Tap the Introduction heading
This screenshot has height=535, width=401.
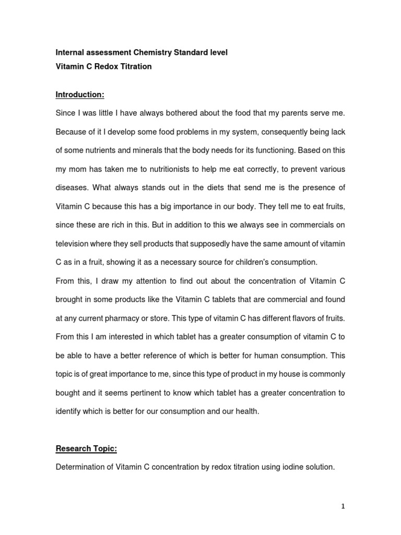(x=80, y=95)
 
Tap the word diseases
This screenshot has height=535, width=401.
(x=70, y=188)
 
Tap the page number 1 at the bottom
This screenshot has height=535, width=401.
(x=343, y=506)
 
